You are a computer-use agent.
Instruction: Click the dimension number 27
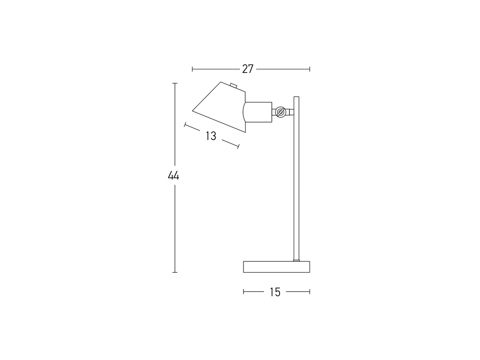coord(248,69)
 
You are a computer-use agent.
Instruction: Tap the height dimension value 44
coord(174,176)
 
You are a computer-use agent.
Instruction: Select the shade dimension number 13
coord(211,136)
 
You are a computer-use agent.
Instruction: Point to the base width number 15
coord(275,292)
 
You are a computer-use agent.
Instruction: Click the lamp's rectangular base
coord(276,267)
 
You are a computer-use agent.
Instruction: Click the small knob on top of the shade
coord(233,85)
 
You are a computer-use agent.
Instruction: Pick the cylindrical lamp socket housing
coord(258,112)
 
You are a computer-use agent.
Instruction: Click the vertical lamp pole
coord(296,183)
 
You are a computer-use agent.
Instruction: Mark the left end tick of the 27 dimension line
coord(192,69)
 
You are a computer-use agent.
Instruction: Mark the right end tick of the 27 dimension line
coord(309,69)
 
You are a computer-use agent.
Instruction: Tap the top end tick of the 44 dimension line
coord(175,83)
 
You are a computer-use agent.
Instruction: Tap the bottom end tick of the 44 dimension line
coord(175,272)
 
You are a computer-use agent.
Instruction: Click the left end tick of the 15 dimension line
coord(243,292)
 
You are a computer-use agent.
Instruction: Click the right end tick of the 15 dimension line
coord(309,292)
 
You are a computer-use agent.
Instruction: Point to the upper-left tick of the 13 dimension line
coord(185,125)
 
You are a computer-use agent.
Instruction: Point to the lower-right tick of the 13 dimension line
coord(238,146)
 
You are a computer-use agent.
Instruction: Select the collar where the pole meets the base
coord(296,260)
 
